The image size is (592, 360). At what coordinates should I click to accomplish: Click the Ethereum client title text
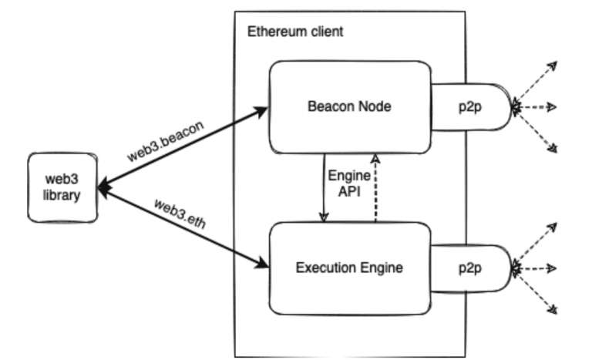pyautogui.click(x=294, y=32)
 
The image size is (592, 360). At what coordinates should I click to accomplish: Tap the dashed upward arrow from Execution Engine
pyautogui.click(x=375, y=189)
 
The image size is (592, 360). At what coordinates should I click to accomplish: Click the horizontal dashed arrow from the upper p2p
pyautogui.click(x=536, y=107)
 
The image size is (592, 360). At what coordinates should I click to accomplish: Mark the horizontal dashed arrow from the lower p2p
pyautogui.click(x=536, y=268)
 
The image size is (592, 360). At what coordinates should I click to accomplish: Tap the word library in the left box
pyautogui.click(x=62, y=196)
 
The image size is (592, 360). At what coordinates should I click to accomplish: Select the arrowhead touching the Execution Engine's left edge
pyautogui.click(x=262, y=266)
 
